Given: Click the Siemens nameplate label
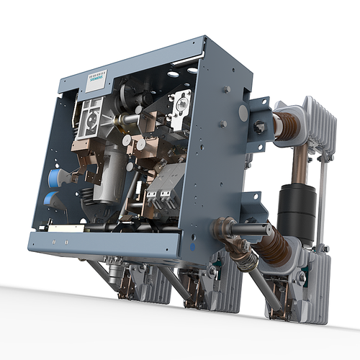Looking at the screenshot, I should click(96, 80).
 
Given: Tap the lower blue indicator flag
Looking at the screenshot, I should click(51, 199).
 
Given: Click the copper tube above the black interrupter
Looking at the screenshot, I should click(297, 163).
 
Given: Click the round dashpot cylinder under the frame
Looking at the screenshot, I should click(114, 273).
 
